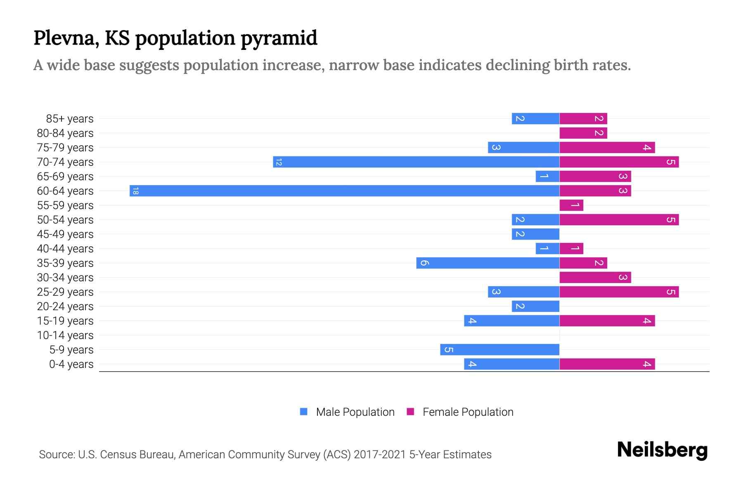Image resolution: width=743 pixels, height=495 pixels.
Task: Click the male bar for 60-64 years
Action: coord(344,191)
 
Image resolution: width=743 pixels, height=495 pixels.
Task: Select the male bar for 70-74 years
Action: coord(416,162)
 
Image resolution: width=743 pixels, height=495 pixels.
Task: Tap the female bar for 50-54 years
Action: coord(619,220)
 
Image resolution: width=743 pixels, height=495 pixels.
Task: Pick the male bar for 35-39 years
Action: coord(487,263)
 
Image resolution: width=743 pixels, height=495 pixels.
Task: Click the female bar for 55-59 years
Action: coord(571,205)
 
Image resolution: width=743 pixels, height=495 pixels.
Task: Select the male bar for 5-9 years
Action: coord(499,350)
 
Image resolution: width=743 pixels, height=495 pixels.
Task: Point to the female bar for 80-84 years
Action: coord(583,133)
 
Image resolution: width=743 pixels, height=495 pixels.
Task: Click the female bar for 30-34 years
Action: coord(595,278)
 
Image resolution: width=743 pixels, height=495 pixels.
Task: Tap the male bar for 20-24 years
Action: coord(535,306)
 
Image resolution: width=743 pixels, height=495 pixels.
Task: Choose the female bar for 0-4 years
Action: coord(607,364)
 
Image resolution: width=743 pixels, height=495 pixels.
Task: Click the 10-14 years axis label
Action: coord(65,335)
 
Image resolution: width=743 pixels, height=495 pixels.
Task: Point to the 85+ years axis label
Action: coord(70,119)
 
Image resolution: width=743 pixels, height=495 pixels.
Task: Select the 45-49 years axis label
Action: coord(65,234)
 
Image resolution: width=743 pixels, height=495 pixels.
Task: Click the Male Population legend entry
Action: coord(355,412)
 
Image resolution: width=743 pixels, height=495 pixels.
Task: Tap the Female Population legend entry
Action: coord(468,412)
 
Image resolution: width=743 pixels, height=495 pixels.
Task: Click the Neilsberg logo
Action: coord(662,450)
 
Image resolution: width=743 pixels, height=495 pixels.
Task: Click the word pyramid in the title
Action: coord(279,38)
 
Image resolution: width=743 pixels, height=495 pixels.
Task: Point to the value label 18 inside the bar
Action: coord(135,191)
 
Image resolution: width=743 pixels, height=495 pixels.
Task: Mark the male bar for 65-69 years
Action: coord(547,177)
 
